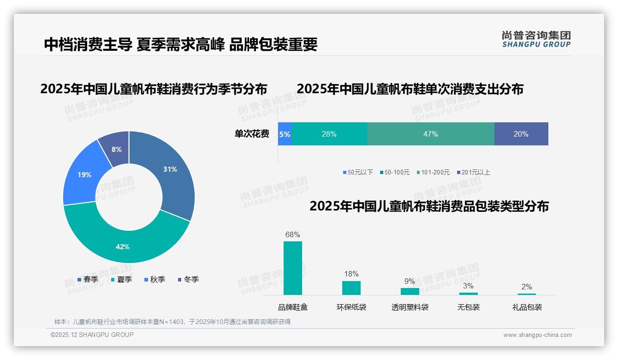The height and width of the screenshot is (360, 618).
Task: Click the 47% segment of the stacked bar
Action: (x=430, y=134)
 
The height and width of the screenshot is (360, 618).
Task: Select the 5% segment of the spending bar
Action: (x=285, y=134)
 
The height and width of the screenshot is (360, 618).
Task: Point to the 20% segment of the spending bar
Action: (x=521, y=134)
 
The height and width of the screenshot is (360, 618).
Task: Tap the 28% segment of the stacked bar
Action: (x=329, y=134)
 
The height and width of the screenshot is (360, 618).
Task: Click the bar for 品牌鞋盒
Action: (x=292, y=268)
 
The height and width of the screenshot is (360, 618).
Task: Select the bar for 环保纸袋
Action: (x=351, y=288)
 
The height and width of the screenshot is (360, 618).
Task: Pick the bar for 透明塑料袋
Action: (x=410, y=291)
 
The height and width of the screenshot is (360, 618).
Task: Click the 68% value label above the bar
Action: (x=292, y=234)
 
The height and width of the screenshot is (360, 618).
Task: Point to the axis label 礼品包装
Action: (x=527, y=307)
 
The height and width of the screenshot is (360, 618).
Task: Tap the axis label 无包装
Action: (x=468, y=307)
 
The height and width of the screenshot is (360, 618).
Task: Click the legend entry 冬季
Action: (x=188, y=279)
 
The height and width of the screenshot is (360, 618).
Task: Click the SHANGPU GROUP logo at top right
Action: (x=536, y=39)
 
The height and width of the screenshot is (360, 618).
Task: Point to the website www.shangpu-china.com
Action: (x=537, y=335)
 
